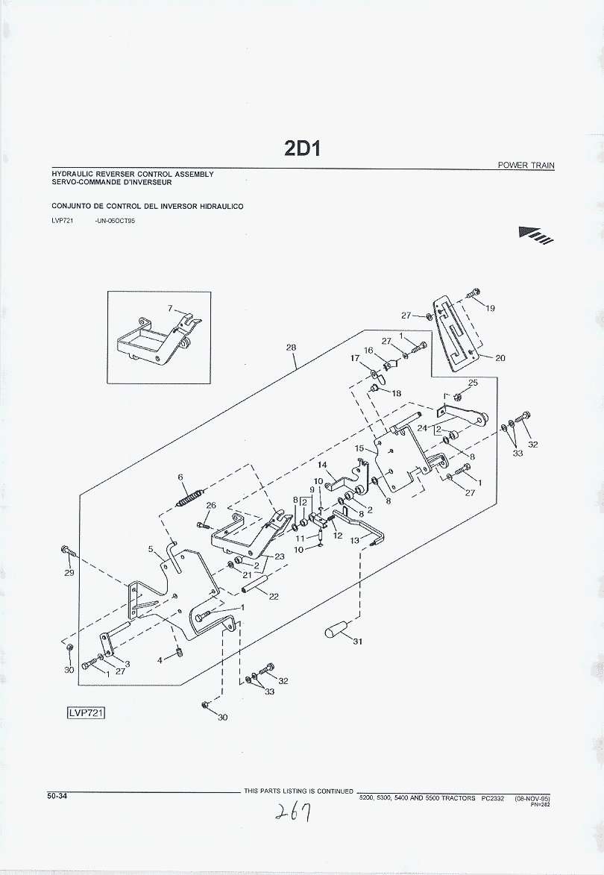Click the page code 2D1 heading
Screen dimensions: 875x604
301,148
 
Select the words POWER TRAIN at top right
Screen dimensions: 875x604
526,165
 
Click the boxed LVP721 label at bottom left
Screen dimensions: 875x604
85,713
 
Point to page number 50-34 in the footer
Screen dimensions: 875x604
57,796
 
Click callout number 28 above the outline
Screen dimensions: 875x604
291,348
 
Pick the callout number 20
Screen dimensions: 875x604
500,358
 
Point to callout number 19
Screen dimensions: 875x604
490,308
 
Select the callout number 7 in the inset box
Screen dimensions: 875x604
169,308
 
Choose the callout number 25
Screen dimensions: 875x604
472,383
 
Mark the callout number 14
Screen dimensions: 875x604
322,465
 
